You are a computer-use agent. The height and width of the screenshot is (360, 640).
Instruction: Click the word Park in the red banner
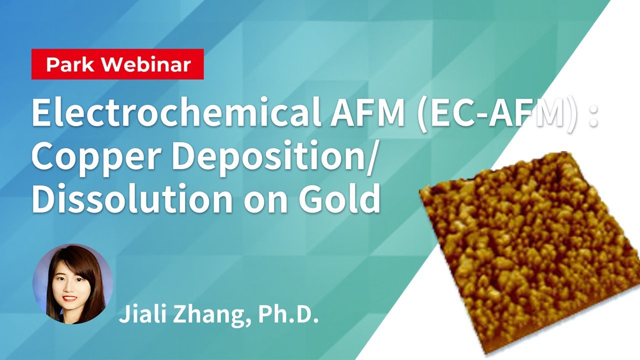coord(67,65)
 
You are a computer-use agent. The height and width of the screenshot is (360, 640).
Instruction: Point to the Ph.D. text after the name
coord(288,315)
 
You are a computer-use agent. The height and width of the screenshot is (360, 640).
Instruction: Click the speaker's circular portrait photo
coord(72,283)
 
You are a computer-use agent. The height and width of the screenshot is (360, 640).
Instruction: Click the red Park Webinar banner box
coord(117,64)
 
